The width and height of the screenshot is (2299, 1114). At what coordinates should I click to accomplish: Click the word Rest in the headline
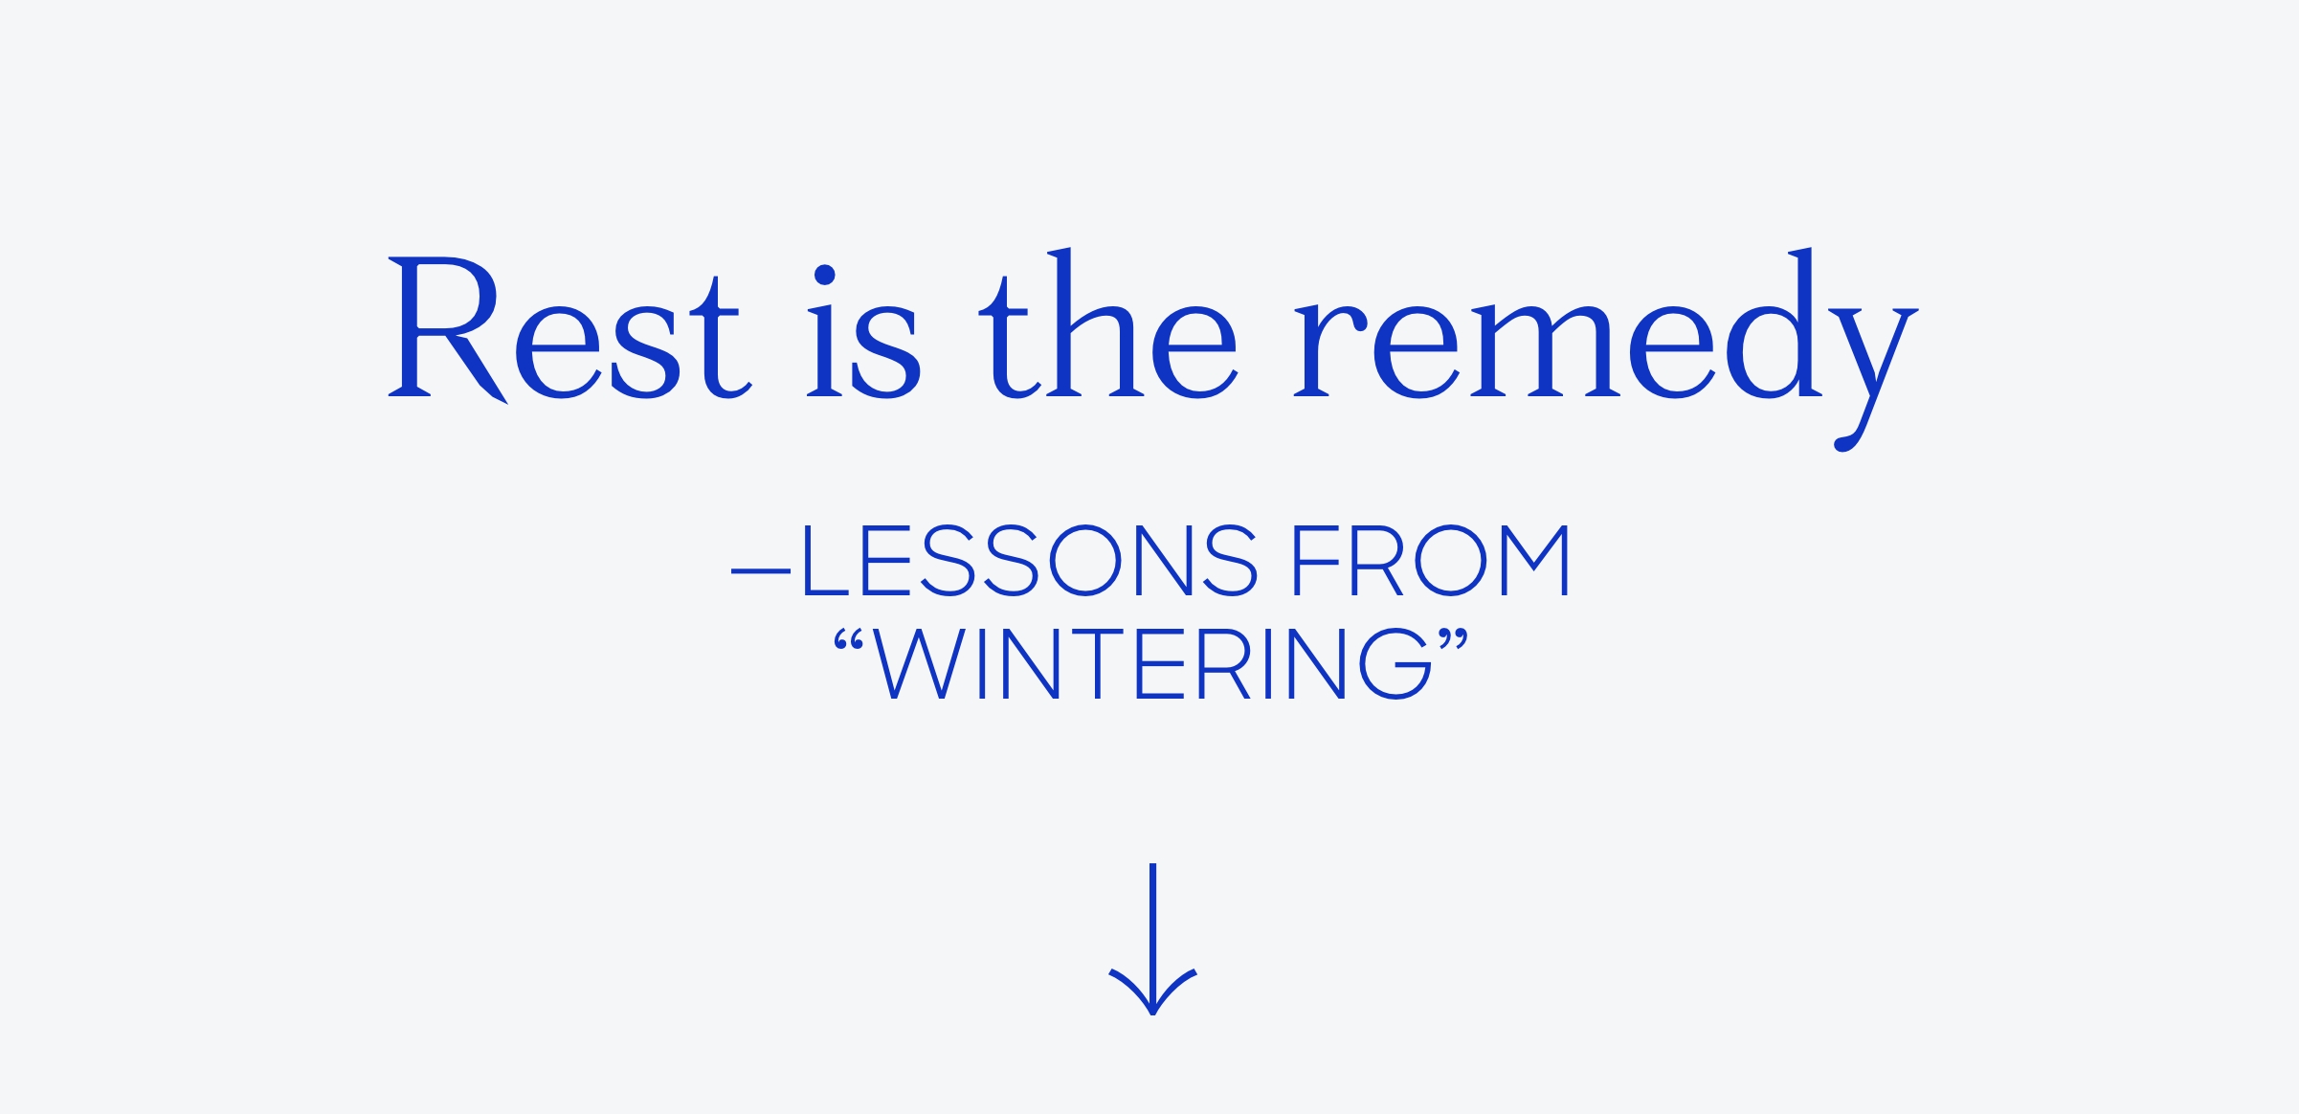click(569, 328)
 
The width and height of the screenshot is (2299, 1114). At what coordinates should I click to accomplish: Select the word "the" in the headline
click(1108, 323)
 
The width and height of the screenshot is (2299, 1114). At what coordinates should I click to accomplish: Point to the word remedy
click(1606, 349)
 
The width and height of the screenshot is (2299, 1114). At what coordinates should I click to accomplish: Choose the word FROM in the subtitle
click(1431, 560)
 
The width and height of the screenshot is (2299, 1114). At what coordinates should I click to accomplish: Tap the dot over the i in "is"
click(825, 275)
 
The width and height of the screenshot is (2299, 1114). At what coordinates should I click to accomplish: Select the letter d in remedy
click(1774, 323)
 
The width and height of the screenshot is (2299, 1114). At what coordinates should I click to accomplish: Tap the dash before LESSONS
click(761, 571)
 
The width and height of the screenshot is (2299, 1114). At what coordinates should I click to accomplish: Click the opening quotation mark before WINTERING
click(849, 640)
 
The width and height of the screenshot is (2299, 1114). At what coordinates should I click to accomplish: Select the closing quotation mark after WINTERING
click(1453, 640)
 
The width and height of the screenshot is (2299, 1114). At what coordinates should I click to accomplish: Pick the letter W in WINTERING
click(918, 663)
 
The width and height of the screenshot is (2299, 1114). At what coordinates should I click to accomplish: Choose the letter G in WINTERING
click(1395, 663)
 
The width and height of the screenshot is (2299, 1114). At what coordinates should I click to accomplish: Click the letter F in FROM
click(1317, 560)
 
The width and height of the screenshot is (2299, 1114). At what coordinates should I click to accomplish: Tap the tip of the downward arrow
click(1153, 1014)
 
